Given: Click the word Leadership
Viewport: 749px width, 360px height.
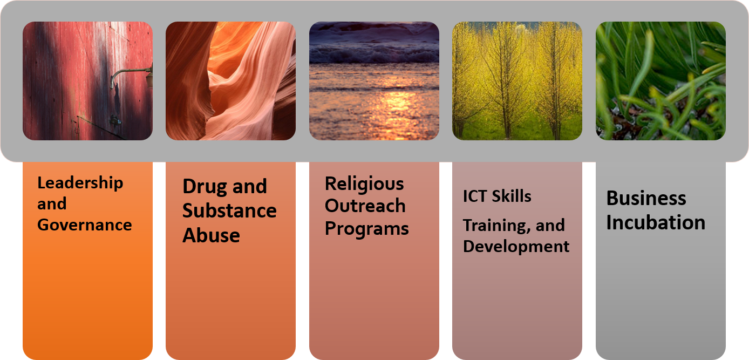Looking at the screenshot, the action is (80, 184).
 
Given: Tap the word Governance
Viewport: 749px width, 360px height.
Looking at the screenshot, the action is (85, 225).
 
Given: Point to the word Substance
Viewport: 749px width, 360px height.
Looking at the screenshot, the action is (229, 211).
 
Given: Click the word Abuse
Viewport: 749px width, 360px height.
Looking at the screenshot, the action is (211, 235).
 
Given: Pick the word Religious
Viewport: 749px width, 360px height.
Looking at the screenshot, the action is (364, 185).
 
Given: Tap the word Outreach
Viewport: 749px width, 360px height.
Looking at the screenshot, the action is (365, 206).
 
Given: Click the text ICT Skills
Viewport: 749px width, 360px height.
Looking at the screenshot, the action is (497, 196).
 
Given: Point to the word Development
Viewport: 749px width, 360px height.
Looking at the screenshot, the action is (516, 247).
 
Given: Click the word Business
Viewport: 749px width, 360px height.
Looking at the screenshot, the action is (646, 198).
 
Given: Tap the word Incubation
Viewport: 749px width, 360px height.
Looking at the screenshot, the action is (656, 222).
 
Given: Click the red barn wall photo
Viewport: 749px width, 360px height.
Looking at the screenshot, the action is (87, 81).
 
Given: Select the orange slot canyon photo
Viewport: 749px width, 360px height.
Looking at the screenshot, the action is (231, 81).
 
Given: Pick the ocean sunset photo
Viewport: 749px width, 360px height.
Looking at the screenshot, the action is (374, 81).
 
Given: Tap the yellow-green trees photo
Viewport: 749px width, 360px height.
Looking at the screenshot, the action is (518, 81).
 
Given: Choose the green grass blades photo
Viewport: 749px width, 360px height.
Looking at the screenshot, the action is (661, 81).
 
